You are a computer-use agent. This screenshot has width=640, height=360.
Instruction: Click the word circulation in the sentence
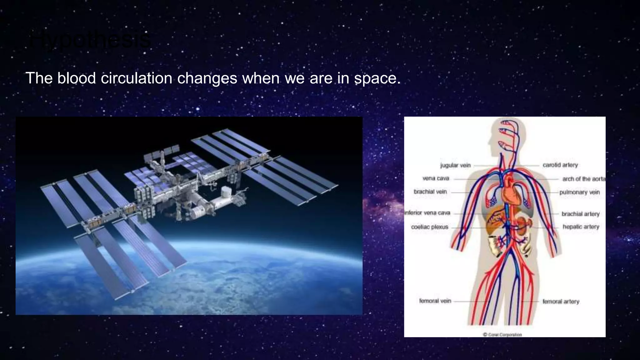[137, 78]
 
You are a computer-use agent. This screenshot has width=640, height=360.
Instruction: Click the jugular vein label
[455, 165]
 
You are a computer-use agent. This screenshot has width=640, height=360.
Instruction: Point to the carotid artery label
[560, 165]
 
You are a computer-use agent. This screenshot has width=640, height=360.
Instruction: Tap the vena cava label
[436, 178]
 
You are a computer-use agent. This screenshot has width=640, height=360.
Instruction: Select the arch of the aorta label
[583, 179]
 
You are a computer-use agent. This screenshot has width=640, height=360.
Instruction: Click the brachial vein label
[430, 192]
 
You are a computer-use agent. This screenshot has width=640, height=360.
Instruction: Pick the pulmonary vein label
[580, 192]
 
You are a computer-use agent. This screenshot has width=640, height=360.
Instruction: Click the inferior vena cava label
[427, 213]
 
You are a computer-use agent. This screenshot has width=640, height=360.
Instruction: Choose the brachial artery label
[580, 214]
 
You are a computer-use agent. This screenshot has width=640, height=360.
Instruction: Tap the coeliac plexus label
[430, 227]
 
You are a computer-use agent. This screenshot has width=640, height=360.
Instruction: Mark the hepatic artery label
[581, 227]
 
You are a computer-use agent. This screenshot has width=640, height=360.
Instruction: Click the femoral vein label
[435, 301]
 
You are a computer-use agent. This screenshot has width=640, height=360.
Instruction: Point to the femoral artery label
[561, 302]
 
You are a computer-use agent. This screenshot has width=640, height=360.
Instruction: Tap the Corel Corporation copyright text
[502, 334]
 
